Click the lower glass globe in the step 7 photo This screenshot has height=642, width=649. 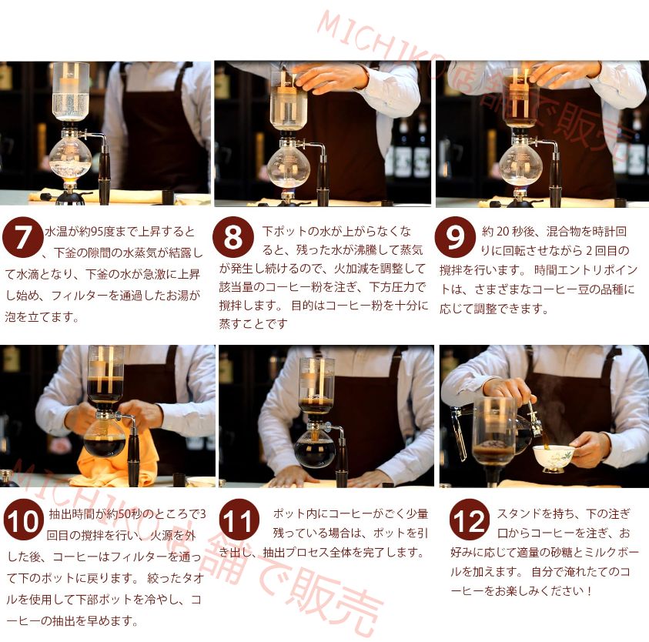pyautogui.click(x=70, y=160)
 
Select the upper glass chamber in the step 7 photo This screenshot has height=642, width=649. pyautogui.click(x=70, y=91)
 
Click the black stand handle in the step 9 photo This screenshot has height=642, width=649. pyautogui.click(x=555, y=179)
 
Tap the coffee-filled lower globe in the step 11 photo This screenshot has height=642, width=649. pyautogui.click(x=314, y=448)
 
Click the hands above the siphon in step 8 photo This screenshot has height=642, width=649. pyautogui.click(x=331, y=77)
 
